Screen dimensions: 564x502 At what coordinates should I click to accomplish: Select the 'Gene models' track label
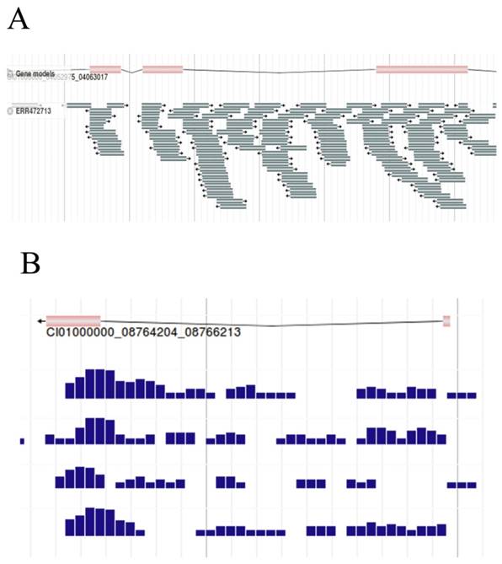[35, 74]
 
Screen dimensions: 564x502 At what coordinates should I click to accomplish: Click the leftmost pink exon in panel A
[105, 68]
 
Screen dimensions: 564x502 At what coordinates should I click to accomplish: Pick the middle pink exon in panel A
[163, 68]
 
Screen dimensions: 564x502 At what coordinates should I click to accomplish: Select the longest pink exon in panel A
[421, 68]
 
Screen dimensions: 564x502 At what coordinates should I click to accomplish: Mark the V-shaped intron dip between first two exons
[131, 72]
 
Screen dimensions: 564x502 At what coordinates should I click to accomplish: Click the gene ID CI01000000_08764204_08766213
[143, 332]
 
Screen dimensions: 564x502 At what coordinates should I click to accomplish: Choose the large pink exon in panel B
[73, 320]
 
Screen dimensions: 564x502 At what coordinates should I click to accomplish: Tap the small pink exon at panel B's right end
[446, 320]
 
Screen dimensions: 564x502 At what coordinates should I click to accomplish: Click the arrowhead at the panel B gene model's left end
[40, 321]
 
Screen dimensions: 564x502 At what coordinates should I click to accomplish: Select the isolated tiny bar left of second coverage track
[23, 441]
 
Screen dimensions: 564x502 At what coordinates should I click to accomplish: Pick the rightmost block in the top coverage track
[462, 395]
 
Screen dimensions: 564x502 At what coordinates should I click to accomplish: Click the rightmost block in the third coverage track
[462, 485]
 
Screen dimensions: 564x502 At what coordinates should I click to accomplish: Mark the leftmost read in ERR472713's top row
[78, 105]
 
